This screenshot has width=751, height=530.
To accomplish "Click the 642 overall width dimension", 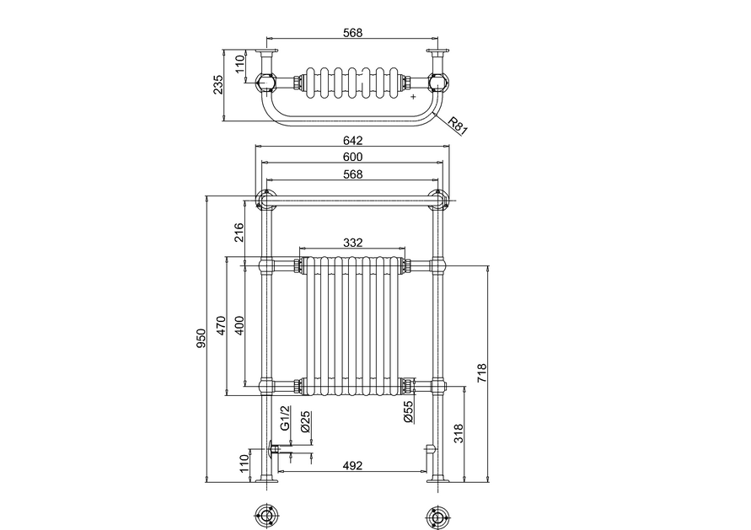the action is pos(352,140).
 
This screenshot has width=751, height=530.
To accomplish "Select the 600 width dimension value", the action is pos(352,157).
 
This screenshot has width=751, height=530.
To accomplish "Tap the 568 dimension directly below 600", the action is pos(352,174).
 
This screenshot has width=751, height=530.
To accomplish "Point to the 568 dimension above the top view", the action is pos(352,33).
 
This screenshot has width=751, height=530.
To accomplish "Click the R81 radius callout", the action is pos(457,125).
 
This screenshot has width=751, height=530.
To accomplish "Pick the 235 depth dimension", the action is pos(218,85).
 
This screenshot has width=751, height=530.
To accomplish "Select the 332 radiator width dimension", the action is pos(352,243).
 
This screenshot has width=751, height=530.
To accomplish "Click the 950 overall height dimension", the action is pos(201,338).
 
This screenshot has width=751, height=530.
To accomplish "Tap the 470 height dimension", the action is pos(221,325).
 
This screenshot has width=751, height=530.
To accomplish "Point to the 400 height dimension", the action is pos(239,325).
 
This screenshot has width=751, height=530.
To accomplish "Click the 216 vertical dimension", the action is pos(239,233).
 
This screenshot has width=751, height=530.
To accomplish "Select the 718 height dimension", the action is pos(482,373).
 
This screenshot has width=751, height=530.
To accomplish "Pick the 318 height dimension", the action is pos(459,433).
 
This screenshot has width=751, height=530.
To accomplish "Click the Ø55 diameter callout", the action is pos(409,412).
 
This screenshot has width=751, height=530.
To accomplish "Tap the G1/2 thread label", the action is pos(285,418).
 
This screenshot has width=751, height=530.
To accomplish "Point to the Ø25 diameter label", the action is pos(306,422).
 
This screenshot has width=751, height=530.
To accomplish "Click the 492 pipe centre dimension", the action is pos(352,465).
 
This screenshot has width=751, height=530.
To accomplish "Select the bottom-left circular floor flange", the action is pos(265,517).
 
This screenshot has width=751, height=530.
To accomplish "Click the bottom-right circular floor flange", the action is pos(437,517).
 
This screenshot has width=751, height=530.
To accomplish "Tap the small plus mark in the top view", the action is pos(413,97).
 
